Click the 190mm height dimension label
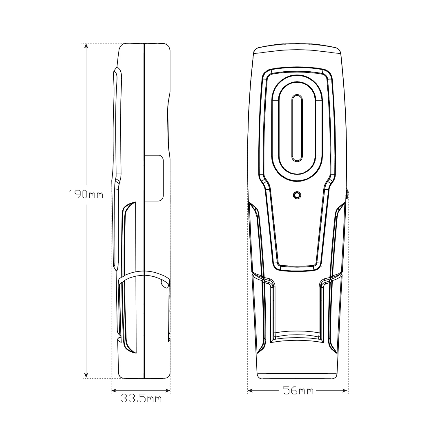point(86,194)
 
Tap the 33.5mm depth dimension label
point(141,398)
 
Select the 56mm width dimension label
point(298,391)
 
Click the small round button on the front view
point(297,195)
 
